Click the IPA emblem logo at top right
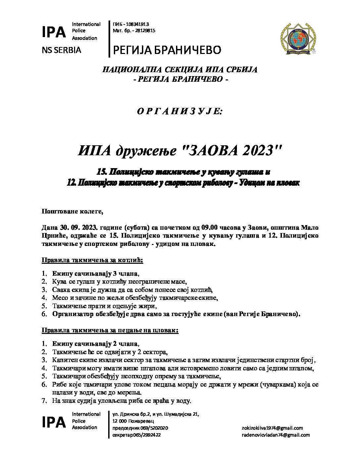click(x=298, y=39)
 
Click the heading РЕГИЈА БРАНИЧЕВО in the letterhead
click(x=167, y=50)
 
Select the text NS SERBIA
click(x=62, y=50)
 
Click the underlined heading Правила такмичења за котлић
click(x=92, y=260)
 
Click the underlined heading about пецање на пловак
click(x=110, y=330)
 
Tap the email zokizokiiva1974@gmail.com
click(x=272, y=428)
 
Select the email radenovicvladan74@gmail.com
click(x=276, y=435)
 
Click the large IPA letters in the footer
click(x=54, y=422)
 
